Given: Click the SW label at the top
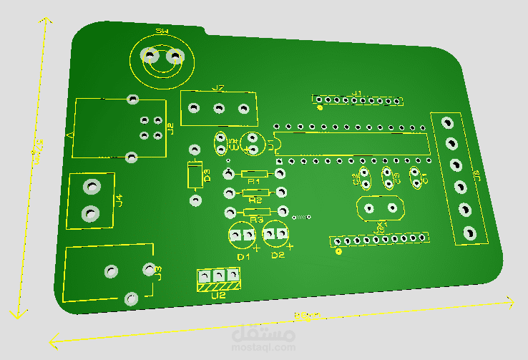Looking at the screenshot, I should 162,32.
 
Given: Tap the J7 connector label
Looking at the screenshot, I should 218,89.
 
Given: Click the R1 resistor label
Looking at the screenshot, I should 252,183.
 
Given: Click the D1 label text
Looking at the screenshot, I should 243,256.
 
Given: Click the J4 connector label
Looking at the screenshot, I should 119,200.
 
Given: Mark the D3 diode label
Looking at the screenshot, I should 207,174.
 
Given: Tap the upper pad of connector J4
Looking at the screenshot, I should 91,187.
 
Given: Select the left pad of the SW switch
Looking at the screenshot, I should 150,55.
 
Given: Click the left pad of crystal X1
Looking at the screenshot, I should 369,208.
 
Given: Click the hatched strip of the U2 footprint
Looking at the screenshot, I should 218,286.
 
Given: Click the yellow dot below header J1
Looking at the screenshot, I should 320,109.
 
